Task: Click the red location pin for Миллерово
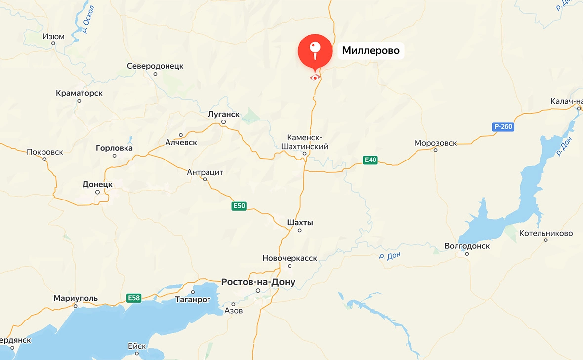tap(315, 51)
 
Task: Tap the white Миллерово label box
tap(371, 51)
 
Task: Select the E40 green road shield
tap(370, 160)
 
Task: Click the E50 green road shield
tap(239, 206)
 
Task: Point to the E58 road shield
tap(134, 298)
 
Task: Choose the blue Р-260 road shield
tap(503, 127)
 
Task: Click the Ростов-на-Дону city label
tap(258, 282)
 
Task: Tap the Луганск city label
tap(223, 114)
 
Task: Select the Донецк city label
tap(97, 184)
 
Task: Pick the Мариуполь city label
tap(76, 298)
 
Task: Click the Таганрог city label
tap(193, 300)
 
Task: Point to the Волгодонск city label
tap(467, 246)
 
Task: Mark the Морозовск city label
tap(435, 143)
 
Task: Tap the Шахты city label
tap(300, 223)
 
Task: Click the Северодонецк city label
tap(155, 66)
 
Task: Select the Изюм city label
tap(53, 37)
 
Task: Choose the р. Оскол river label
tap(88, 19)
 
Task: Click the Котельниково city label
tap(546, 233)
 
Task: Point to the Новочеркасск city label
tap(290, 258)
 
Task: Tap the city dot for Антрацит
tap(205, 179)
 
